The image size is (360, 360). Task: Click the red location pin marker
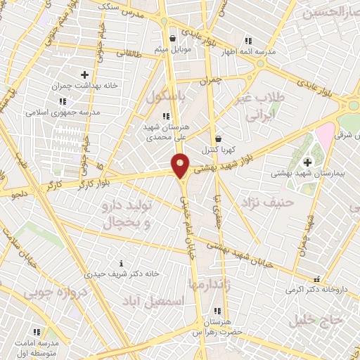click(x=181, y=165)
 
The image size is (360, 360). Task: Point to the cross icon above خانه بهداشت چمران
click(x=84, y=74)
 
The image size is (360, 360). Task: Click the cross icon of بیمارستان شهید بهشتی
click(x=307, y=162)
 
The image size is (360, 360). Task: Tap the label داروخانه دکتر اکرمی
click(x=317, y=289)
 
